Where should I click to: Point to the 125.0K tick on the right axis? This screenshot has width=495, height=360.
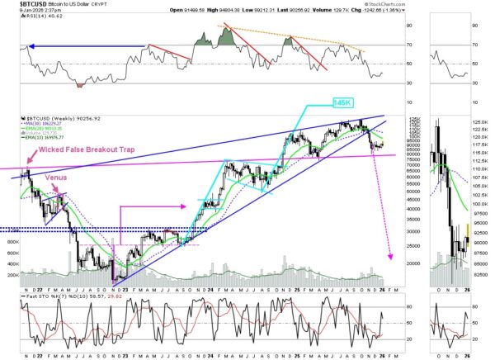click(481, 122)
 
